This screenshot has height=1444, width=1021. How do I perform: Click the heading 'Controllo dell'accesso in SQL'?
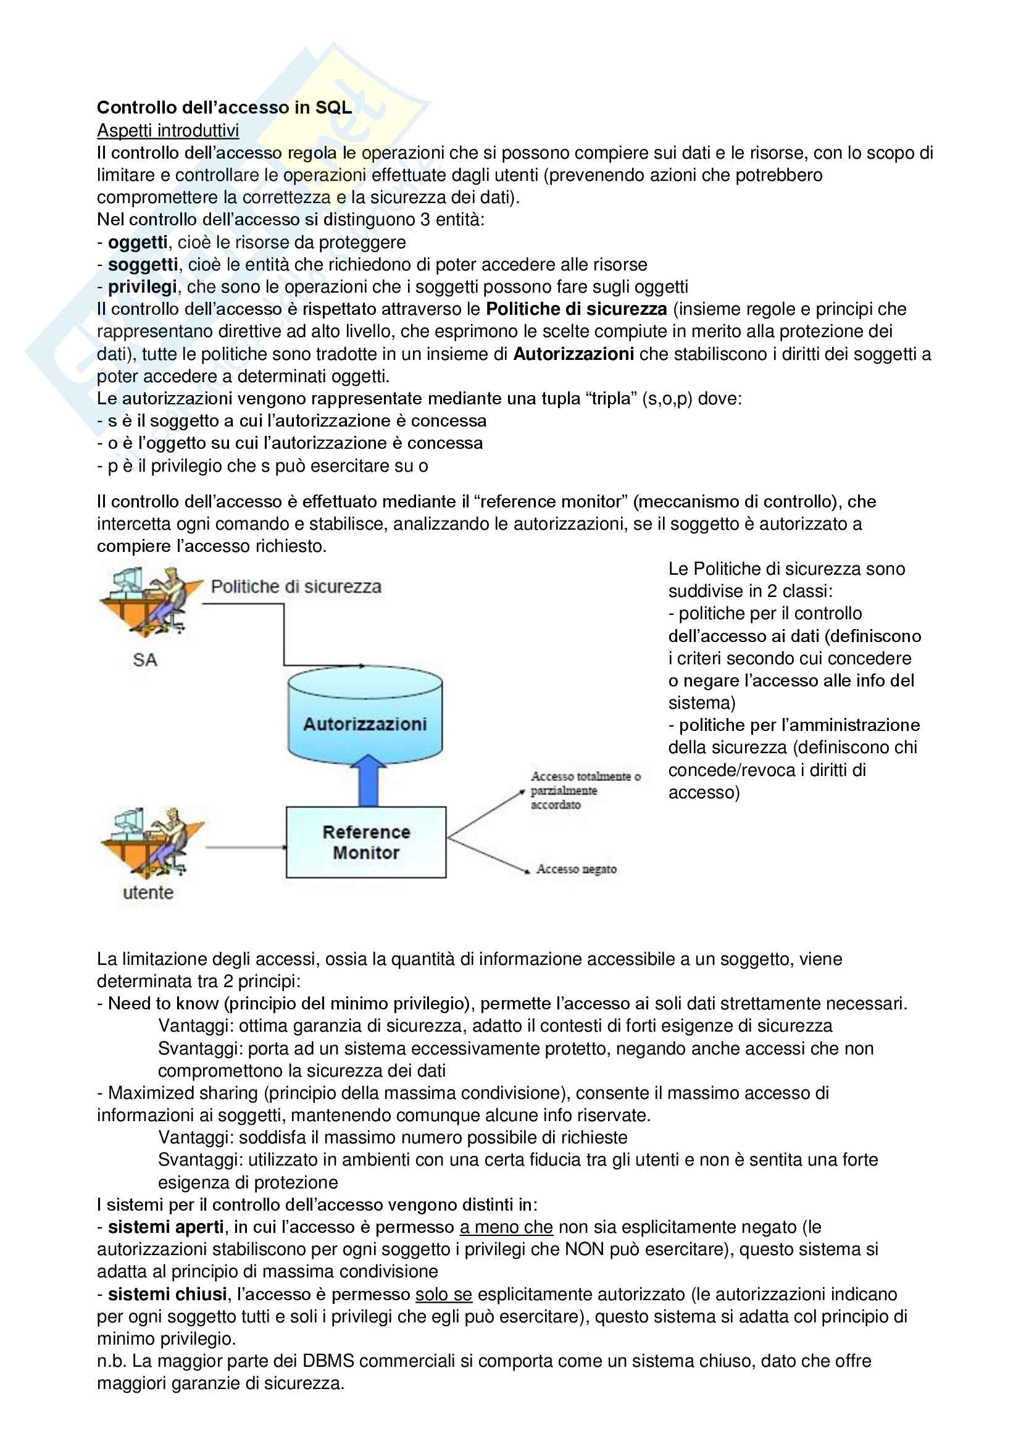pos(224,107)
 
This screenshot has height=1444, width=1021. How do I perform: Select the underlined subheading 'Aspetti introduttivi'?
pos(168,130)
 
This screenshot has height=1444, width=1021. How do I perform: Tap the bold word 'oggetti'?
pos(138,242)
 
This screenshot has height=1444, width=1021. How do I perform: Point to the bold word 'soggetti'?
pos(143,264)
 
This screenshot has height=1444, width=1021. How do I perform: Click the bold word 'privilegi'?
pos(142,287)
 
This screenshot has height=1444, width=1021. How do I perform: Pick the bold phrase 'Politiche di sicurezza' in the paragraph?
pos(577,309)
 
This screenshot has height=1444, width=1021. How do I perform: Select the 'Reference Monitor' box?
pos(366,842)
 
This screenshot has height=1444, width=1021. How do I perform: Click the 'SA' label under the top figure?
pos(144,660)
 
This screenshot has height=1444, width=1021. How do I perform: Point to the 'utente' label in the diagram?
pos(148,893)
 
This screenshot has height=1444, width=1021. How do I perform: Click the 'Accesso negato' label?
pos(576,869)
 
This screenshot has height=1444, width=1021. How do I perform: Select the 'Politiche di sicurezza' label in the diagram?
pos(296,586)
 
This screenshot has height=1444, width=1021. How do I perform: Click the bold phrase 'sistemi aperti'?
pos(166,1227)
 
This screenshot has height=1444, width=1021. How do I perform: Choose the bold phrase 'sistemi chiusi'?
pos(167,1294)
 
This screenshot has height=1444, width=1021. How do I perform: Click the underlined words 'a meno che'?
pos(506,1227)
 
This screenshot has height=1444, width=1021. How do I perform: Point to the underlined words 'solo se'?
pos(443,1294)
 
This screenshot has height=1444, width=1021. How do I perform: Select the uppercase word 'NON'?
pos(585,1249)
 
